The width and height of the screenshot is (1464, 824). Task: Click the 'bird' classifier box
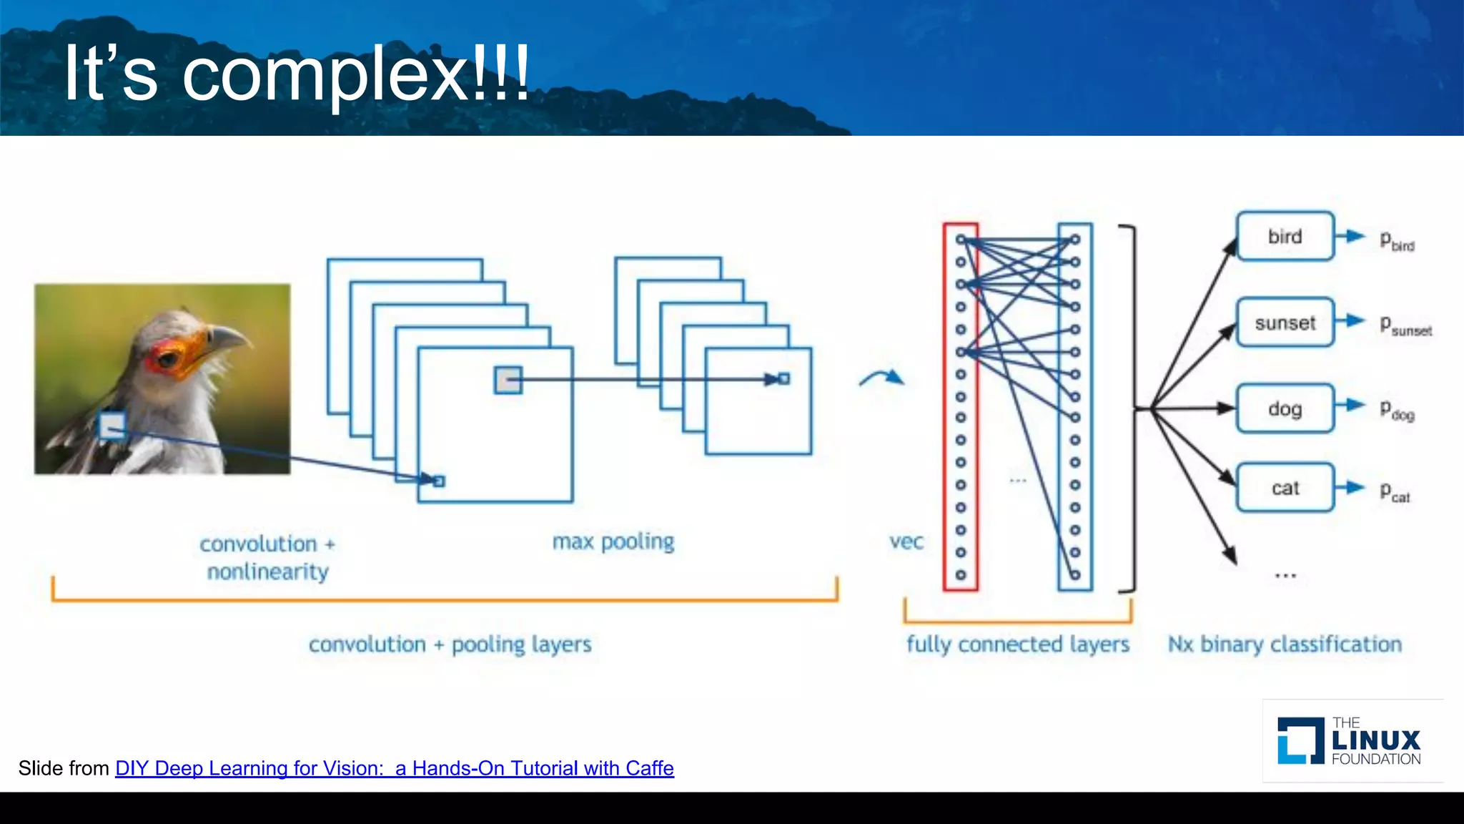1285,236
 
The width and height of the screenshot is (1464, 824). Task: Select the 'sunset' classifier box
1285,323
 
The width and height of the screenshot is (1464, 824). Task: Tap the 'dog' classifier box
1285,408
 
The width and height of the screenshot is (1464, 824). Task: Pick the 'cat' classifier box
1285,488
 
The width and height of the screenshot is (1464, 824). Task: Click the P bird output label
1396,241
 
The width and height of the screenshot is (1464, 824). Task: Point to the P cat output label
1394,492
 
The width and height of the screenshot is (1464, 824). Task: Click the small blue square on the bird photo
112,426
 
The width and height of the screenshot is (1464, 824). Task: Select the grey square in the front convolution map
508,380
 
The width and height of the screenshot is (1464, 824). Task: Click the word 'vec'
906,542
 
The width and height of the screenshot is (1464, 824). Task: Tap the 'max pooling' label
613,541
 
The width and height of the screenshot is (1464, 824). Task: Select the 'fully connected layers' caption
1017,644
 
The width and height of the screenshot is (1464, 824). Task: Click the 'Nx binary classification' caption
1285,644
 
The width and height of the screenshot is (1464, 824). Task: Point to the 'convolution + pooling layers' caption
450,644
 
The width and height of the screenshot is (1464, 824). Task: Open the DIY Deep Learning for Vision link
394,768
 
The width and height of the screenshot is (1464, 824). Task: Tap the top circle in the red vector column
961,240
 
